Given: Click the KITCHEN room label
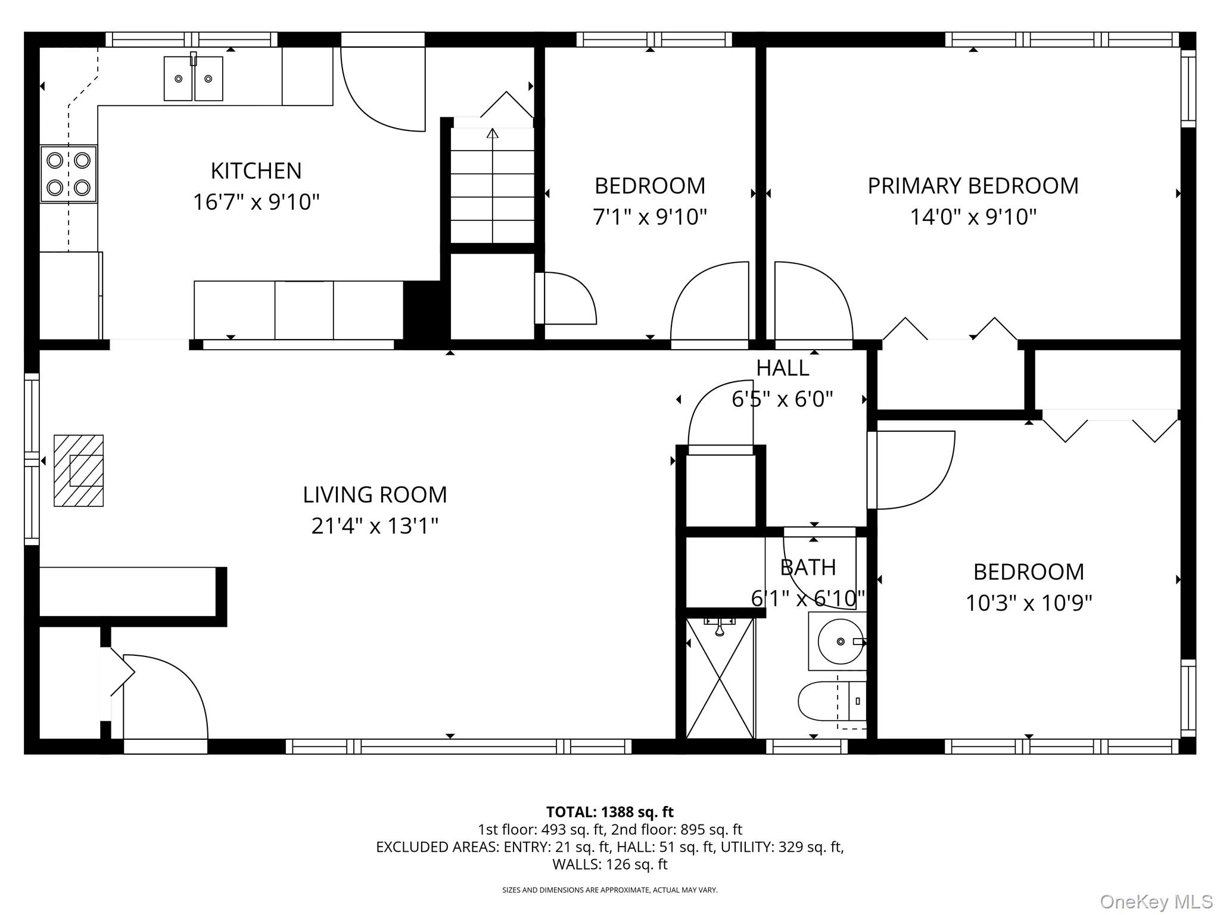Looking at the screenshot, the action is point(256,171).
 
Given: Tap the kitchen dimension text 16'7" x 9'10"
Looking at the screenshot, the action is point(256,202).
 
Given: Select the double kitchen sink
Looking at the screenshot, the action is point(193,78).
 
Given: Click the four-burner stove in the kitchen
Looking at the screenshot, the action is point(69,175).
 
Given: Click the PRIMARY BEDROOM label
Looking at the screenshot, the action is point(973,186).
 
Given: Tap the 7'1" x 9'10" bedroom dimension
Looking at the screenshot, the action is point(650,217).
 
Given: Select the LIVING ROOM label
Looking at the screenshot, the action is point(375,494).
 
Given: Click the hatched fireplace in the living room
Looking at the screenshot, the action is point(79,471).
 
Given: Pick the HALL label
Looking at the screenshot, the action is point(783,368).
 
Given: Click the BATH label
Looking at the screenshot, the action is point(808,567).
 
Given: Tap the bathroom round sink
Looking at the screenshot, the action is point(841,641).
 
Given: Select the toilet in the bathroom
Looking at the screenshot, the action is point(832,701).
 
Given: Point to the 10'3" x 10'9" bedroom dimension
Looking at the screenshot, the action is point(1029,603).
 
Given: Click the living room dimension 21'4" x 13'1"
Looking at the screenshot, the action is point(375,526).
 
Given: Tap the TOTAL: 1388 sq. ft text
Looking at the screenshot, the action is point(610,812).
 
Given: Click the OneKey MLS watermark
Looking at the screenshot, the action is point(1156,901).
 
